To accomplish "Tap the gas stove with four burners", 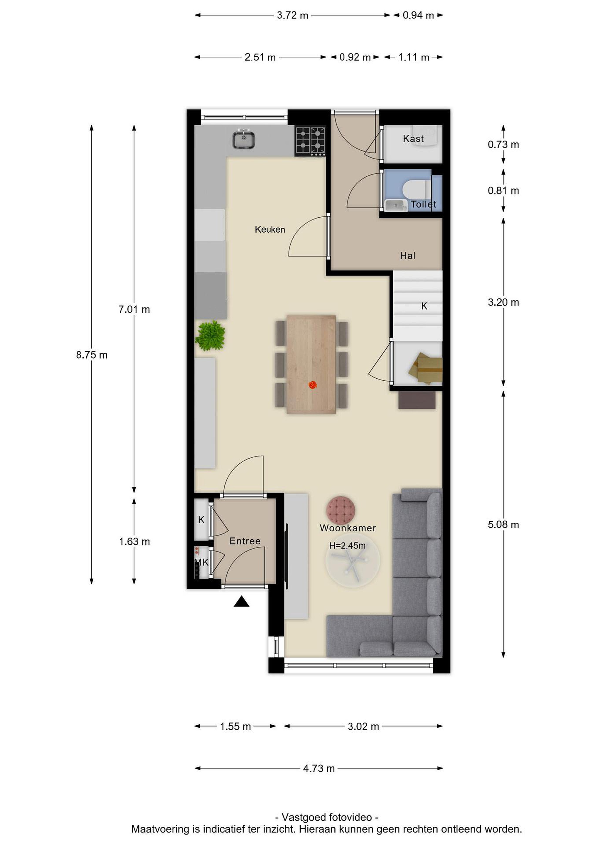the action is pyautogui.click(x=310, y=141).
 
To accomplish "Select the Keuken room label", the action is pyautogui.click(x=270, y=229).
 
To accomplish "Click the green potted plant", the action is pyautogui.click(x=210, y=335).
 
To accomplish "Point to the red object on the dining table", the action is pyautogui.click(x=313, y=385).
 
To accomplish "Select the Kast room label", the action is pyautogui.click(x=413, y=139).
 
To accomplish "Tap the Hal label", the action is pyautogui.click(x=408, y=256).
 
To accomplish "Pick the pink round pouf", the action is pyautogui.click(x=341, y=510).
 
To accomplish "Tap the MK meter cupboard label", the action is pyautogui.click(x=202, y=562).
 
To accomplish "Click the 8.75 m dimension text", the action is pyautogui.click(x=92, y=355).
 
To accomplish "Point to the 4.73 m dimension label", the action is pyautogui.click(x=319, y=768).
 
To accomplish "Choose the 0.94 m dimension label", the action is pyautogui.click(x=418, y=15).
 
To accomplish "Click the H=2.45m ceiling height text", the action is pyautogui.click(x=347, y=546).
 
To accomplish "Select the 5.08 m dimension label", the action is pyautogui.click(x=503, y=524).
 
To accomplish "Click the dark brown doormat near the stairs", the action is pyautogui.click(x=417, y=400).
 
